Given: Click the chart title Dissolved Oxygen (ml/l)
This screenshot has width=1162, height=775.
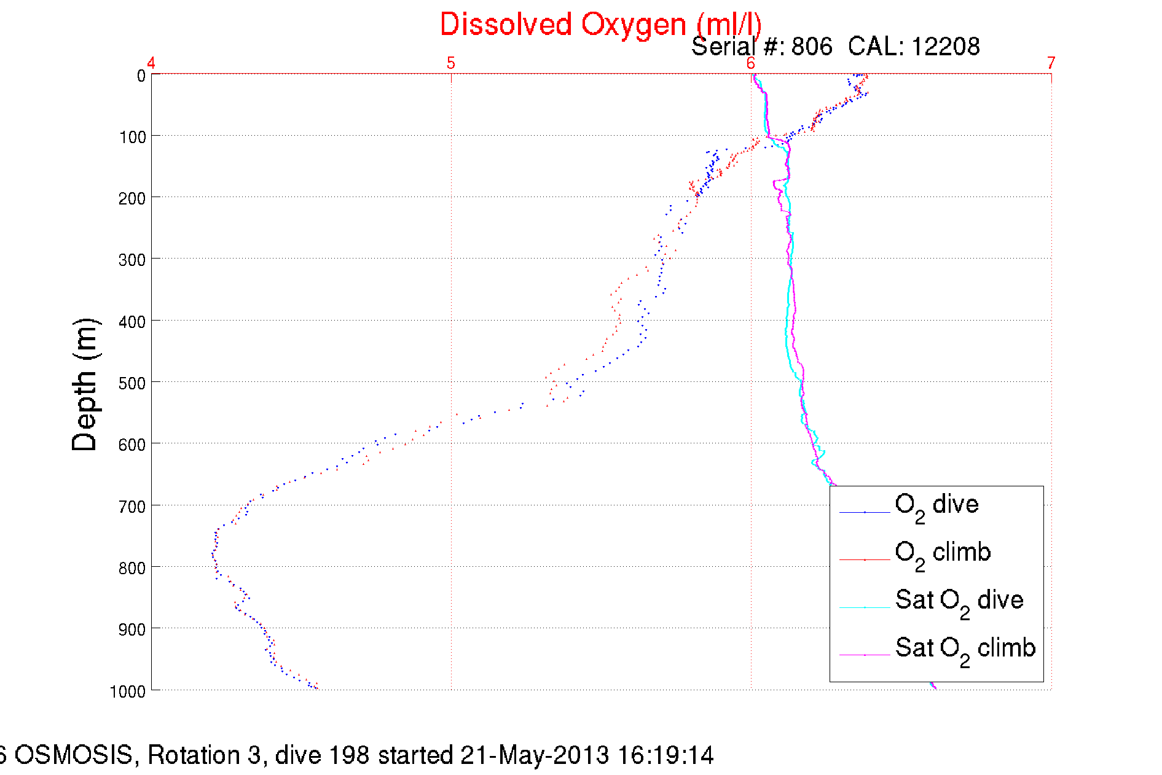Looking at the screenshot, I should [600, 25].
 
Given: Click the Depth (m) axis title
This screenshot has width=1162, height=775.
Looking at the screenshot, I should [85, 385].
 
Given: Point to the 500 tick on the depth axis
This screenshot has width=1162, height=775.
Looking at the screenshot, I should [132, 383].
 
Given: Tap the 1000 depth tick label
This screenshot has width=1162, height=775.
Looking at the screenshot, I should [128, 691].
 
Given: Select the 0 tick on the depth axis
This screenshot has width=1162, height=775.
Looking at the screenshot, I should [141, 76].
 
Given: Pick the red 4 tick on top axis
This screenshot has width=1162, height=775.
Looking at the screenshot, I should [151, 63].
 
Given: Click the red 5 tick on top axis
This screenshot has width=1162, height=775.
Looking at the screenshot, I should [451, 63].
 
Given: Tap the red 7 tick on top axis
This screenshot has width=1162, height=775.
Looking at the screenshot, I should [1051, 63].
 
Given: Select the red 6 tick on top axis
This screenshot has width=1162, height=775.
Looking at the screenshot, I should [751, 63].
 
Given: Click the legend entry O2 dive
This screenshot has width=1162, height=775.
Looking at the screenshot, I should [936, 505].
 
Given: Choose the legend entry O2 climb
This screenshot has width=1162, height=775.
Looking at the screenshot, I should [943, 553].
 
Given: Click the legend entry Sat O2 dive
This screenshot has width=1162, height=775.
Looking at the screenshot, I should [959, 601].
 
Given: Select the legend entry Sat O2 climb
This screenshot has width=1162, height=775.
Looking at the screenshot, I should [965, 649].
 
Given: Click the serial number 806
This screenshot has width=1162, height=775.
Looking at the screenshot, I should [812, 47].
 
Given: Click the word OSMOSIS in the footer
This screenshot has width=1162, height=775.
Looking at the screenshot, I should [73, 755].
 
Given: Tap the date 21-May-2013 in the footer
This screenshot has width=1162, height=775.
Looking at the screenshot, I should [535, 755].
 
